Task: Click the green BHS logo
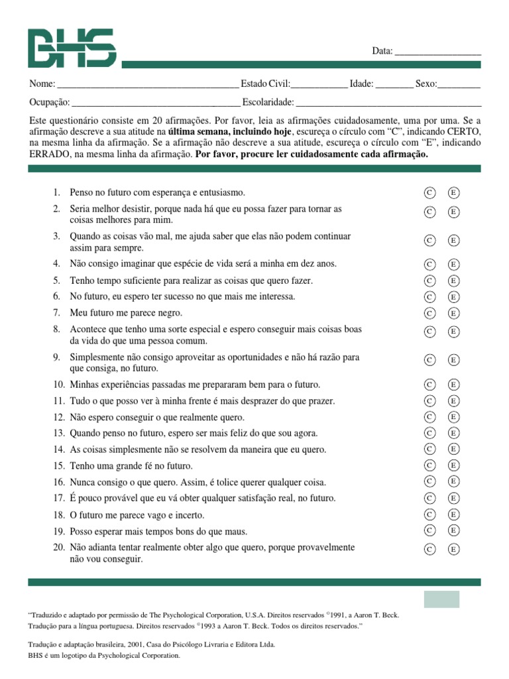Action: pos(72,48)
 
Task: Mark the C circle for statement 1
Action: pos(429,193)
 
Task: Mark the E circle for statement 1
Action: pos(454,193)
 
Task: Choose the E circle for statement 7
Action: pos(454,313)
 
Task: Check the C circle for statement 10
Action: pos(429,385)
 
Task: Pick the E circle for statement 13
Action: pos(454,433)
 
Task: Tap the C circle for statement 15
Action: pos(429,465)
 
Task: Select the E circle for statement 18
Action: pos(454,515)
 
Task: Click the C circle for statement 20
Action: pos(429,549)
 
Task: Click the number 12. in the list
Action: pos(58,417)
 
